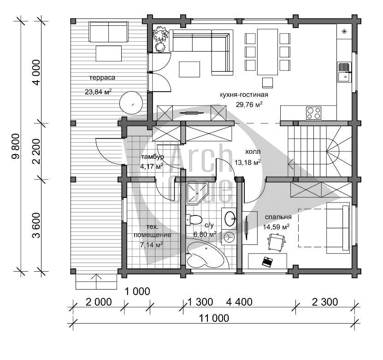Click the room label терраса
pos(102,78)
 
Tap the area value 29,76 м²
pos(249,105)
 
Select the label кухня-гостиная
pos(244,95)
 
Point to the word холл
pos(253,152)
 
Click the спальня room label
pos(278,217)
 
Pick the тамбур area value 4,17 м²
pos(152,167)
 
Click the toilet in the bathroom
pos(194,220)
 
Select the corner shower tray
pos(197,194)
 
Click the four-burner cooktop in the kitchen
pos(313,113)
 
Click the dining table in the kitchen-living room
pos(267,52)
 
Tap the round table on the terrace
pos(131,103)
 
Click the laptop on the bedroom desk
pos(267,261)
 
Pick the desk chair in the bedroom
pos(277,242)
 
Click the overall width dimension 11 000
pos(214,318)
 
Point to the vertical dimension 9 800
pos(16,146)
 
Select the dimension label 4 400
pos(239,302)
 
